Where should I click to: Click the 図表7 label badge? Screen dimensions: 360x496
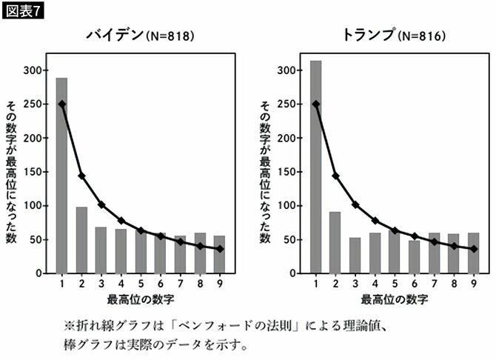tap(23, 10)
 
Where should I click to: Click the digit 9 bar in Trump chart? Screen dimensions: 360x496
tap(474, 253)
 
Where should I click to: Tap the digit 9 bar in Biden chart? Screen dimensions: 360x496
tap(220, 255)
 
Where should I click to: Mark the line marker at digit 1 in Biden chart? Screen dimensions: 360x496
tap(62, 104)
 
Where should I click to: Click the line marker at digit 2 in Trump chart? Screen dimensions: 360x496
tap(335, 176)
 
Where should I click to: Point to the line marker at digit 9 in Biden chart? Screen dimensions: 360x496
tap(220, 249)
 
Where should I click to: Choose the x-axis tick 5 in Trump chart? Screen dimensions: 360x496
tap(395, 284)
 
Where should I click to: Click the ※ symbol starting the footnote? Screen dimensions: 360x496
tap(70, 325)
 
